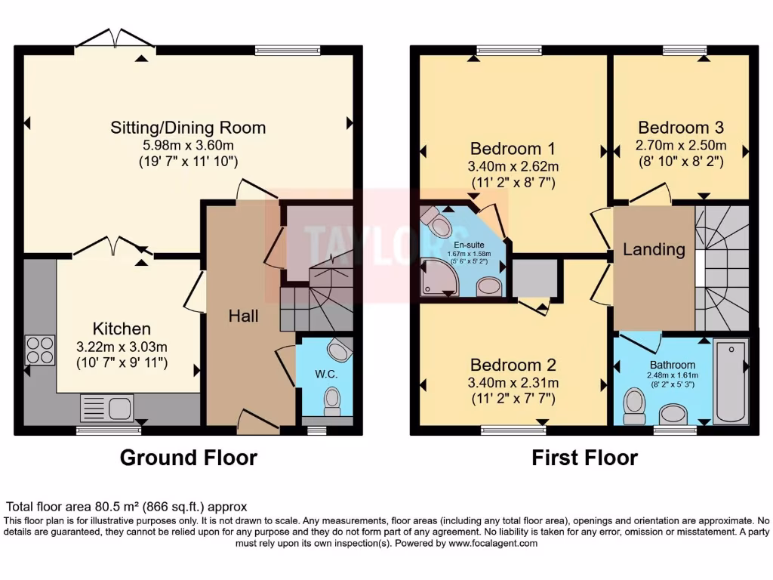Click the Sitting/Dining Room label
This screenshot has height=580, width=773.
click(x=188, y=127)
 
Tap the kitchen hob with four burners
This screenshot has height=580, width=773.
click(x=39, y=350)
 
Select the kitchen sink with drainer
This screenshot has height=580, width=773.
click(x=106, y=409)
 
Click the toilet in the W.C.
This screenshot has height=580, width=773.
click(x=331, y=400)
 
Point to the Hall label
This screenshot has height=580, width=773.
click(x=243, y=316)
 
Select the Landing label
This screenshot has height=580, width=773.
click(x=654, y=249)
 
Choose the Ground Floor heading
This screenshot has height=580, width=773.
click(x=188, y=458)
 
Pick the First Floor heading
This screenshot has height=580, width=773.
click(x=584, y=458)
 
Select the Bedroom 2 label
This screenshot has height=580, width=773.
click(x=513, y=366)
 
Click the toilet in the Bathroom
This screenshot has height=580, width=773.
click(x=633, y=409)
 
